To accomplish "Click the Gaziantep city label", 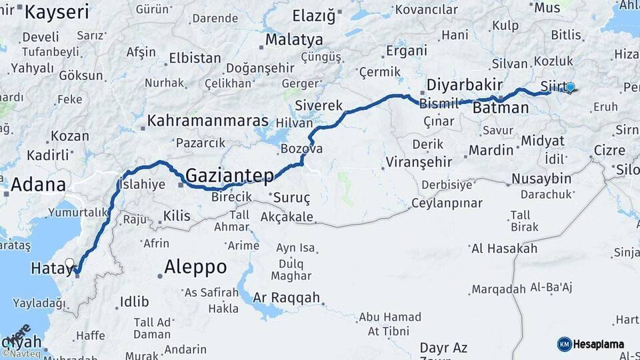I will [229, 176].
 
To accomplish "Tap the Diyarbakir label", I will [464, 85].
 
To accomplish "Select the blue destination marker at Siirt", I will [570, 87].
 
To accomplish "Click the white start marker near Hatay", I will [70, 263].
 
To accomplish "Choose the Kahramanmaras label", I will [207, 121].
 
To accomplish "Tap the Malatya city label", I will [294, 40].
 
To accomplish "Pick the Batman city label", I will [502, 107].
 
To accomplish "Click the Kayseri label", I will [57, 11].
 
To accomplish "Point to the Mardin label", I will [491, 150].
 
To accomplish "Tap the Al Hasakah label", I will [504, 249].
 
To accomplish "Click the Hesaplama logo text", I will [599, 344].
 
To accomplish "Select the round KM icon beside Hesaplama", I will [564, 344].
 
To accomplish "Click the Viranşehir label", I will [419, 162].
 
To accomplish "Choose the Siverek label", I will [319, 105].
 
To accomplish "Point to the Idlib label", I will [134, 301].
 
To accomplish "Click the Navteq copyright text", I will [21, 353].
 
